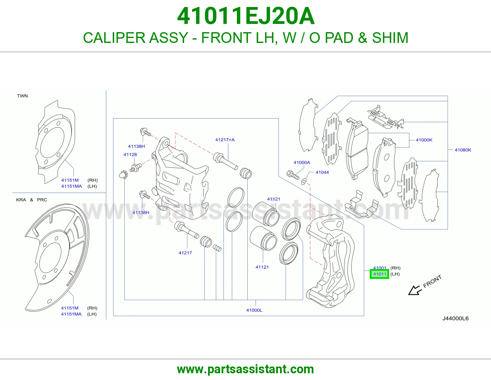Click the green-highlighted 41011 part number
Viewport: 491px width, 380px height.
pyautogui.click(x=379, y=274)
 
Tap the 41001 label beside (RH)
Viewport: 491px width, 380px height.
pyautogui.click(x=380, y=268)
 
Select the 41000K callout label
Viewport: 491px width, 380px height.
pyautogui.click(x=424, y=140)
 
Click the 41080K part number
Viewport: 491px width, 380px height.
pyautogui.click(x=463, y=150)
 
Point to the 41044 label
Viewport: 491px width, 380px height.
pyautogui.click(x=322, y=173)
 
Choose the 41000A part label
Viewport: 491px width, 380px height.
pyautogui.click(x=302, y=162)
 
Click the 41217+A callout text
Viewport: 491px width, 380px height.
pyautogui.click(x=225, y=140)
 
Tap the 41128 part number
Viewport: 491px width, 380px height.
pyautogui.click(x=130, y=154)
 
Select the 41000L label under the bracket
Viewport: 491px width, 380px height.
pyautogui.click(x=254, y=310)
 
